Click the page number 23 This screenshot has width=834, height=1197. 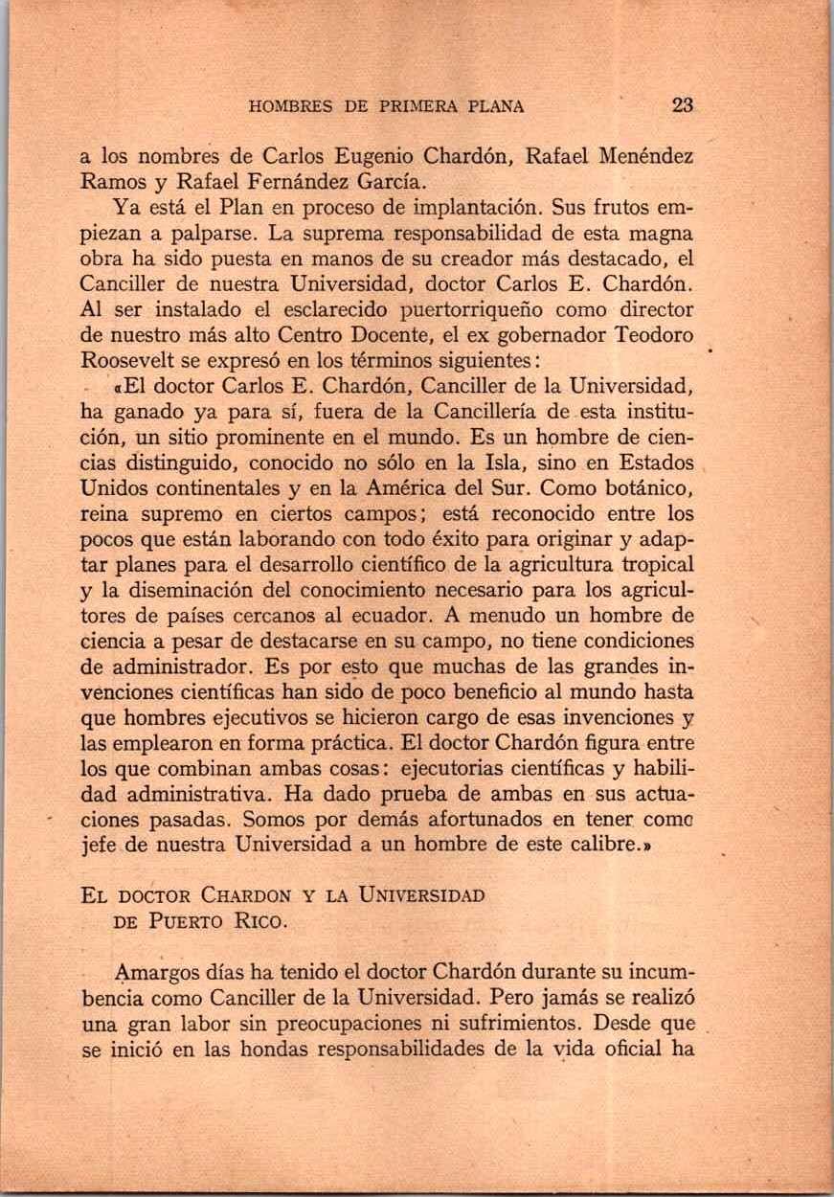[x=682, y=105]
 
